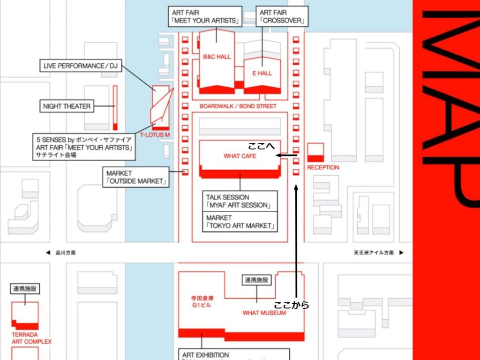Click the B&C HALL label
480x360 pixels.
point(217,57)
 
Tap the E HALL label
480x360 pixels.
point(262,73)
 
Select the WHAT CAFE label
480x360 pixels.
point(240,156)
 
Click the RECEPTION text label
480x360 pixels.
point(323,167)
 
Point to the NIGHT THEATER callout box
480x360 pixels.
point(67,106)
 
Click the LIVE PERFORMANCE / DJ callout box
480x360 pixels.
point(80,66)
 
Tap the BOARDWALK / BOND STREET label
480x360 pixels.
point(238,106)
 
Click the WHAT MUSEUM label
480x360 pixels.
point(264,313)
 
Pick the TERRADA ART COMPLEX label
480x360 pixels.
point(31,338)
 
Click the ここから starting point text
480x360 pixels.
point(292,305)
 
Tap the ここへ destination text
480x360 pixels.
point(261,146)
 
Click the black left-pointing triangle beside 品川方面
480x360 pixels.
point(48,253)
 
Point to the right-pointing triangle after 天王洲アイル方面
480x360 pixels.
point(401,253)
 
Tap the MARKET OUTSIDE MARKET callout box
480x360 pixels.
point(136,177)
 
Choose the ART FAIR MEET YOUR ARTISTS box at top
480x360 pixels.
point(205,16)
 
